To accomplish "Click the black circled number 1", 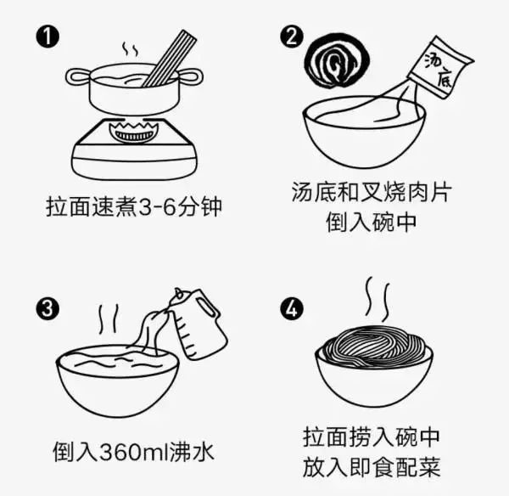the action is pyautogui.click(x=48, y=37).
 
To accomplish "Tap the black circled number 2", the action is pyautogui.click(x=292, y=37).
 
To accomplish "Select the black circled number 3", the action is pyautogui.click(x=48, y=308).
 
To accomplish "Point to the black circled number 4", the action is pyautogui.click(x=292, y=308).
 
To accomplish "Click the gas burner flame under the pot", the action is pyautogui.click(x=134, y=132).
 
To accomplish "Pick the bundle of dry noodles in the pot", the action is pyautogui.click(x=170, y=59).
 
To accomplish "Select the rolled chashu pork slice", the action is pyautogui.click(x=338, y=61).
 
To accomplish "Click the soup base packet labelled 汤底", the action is pyautogui.click(x=440, y=67).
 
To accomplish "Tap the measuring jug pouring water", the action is pyautogui.click(x=198, y=324).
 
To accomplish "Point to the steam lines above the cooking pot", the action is pyautogui.click(x=130, y=49).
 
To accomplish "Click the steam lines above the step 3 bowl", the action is pyautogui.click(x=109, y=320).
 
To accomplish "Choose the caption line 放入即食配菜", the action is pyautogui.click(x=372, y=467).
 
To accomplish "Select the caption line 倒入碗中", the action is pyautogui.click(x=371, y=222).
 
